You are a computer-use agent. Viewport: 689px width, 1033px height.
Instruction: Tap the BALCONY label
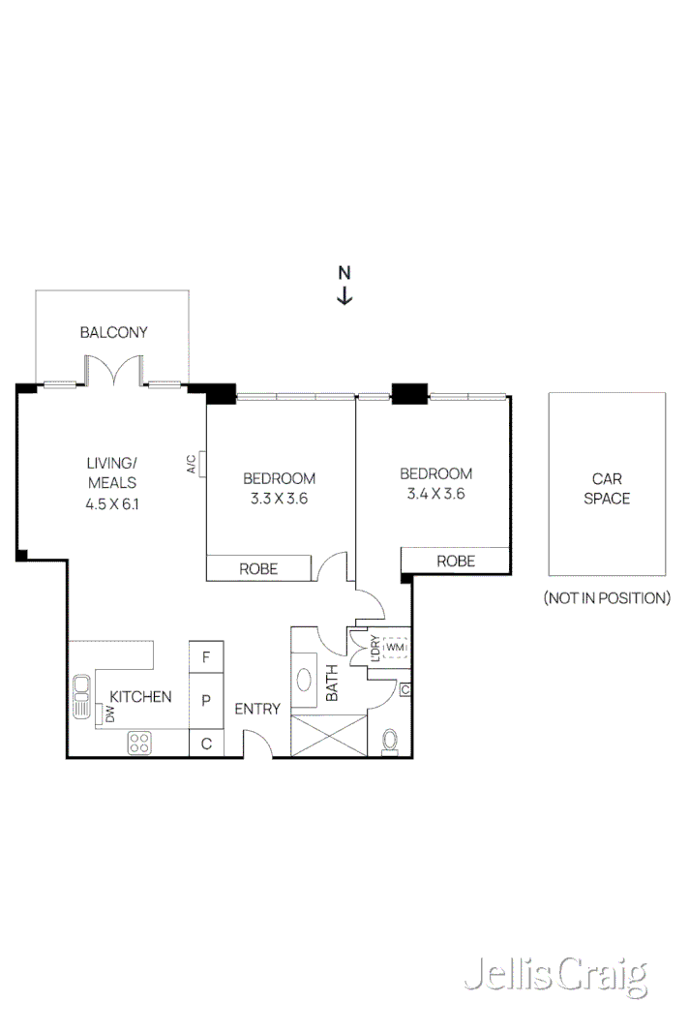pyautogui.click(x=113, y=332)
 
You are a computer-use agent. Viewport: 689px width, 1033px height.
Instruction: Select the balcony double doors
pyautogui.click(x=112, y=372)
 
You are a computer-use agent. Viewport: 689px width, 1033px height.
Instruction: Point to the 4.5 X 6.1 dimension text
pyautogui.click(x=112, y=502)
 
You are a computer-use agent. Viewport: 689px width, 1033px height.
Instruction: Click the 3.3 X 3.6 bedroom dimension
pyautogui.click(x=279, y=499)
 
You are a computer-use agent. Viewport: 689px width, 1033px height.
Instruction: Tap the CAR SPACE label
pyautogui.click(x=607, y=488)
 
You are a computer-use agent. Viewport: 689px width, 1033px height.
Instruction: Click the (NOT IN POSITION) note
pyautogui.click(x=607, y=597)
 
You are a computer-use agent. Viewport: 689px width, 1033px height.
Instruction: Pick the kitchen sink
pyautogui.click(x=80, y=695)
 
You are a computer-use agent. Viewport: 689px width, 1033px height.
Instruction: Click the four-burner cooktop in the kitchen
pyautogui.click(x=139, y=743)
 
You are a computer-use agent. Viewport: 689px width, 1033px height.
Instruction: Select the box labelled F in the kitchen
pyautogui.click(x=205, y=656)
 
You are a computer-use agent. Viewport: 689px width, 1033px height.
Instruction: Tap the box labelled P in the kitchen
pyautogui.click(x=205, y=699)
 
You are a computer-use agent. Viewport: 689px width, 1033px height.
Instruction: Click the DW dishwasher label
pyautogui.click(x=110, y=714)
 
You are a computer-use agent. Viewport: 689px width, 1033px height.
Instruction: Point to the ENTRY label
pyautogui.click(x=257, y=709)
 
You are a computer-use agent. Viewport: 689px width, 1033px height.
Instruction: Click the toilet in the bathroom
pyautogui.click(x=390, y=740)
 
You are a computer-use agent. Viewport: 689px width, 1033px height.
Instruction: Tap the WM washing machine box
pyautogui.click(x=396, y=648)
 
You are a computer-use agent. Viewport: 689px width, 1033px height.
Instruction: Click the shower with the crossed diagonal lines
pyautogui.click(x=329, y=735)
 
